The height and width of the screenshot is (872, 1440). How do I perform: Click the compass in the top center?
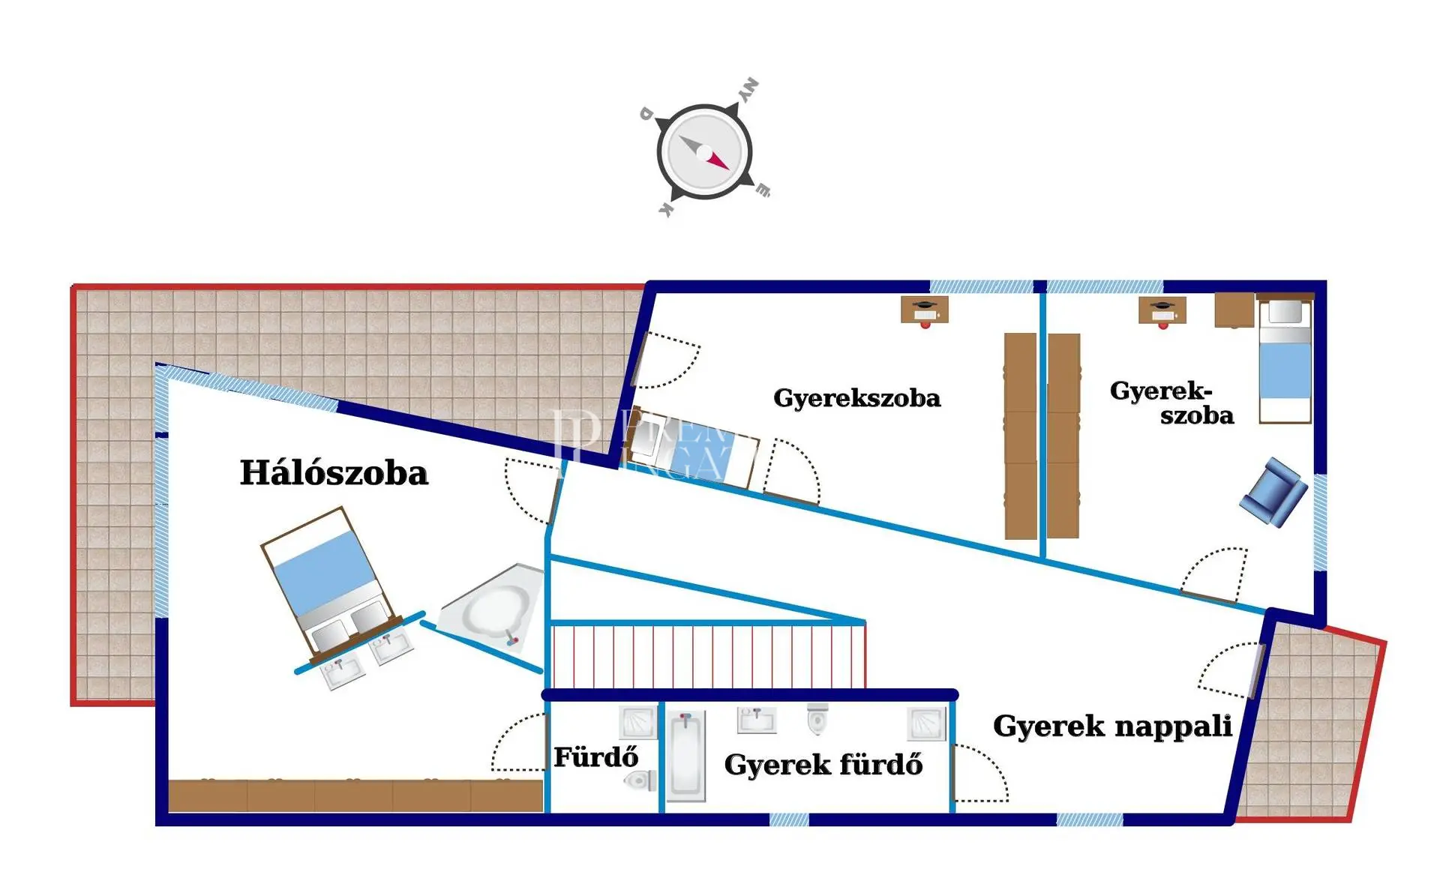(704, 151)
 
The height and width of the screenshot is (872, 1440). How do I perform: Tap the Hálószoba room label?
(334, 473)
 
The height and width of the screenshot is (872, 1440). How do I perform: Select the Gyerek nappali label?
(1112, 726)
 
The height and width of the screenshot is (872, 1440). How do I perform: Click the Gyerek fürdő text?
(823, 765)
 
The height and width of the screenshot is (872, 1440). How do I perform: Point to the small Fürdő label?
(595, 757)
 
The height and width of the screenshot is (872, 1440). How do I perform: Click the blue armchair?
(1273, 492)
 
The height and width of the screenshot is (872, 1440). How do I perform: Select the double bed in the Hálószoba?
(328, 581)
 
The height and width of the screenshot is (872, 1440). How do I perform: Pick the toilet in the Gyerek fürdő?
(817, 719)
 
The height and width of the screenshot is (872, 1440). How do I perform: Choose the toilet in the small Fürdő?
(640, 781)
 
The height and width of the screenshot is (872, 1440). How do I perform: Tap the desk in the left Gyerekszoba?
(925, 310)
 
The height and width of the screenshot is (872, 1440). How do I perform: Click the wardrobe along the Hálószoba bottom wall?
(355, 796)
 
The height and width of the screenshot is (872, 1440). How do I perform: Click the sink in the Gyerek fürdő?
(757, 720)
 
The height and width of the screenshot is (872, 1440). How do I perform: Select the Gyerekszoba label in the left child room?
(856, 398)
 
